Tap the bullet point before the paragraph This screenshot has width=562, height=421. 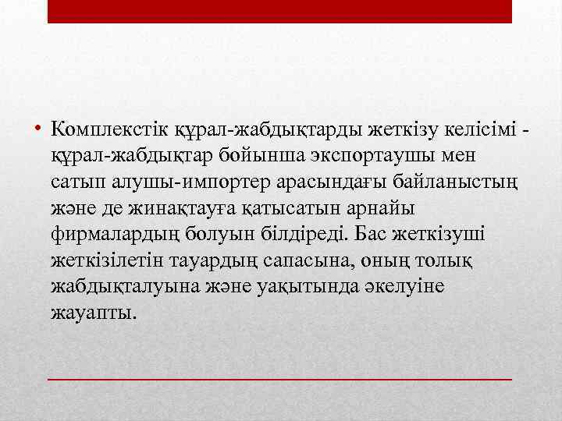(37, 127)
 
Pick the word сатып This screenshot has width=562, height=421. (72, 181)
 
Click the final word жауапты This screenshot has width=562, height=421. (92, 313)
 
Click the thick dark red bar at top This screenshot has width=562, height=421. (279, 11)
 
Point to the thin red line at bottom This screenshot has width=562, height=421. (279, 378)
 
